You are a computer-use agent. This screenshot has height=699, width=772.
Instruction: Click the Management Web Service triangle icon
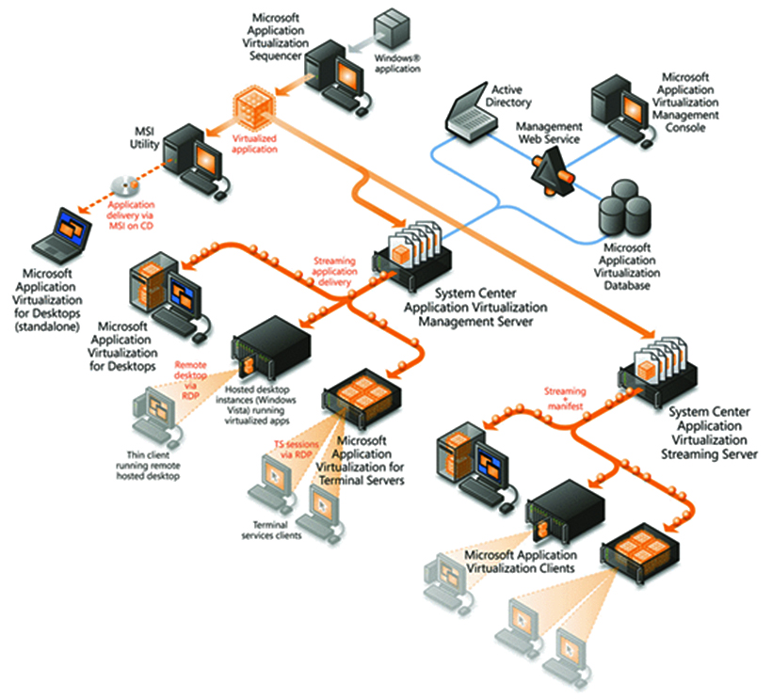click(550, 171)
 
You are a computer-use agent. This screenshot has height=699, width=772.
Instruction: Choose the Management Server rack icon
click(410, 254)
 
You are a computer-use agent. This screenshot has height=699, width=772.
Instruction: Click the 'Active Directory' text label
click(510, 95)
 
